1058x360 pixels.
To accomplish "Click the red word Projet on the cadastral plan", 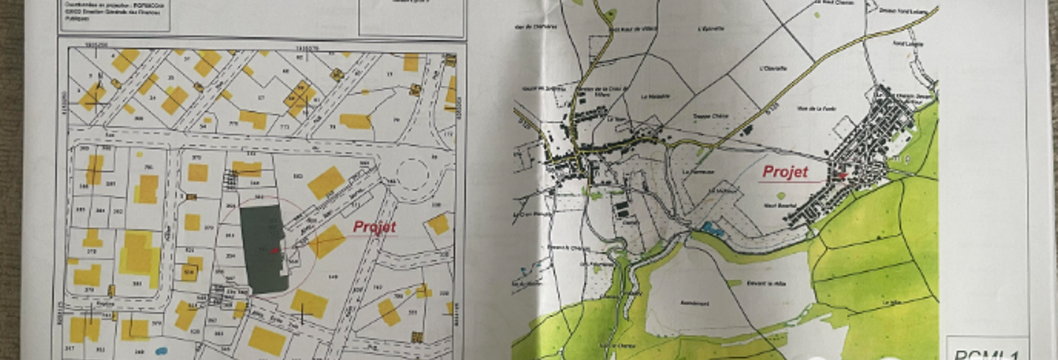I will coord(374,227).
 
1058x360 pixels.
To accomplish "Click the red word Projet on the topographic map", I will coord(785,172).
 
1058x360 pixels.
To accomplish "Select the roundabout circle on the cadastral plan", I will coord(412,174).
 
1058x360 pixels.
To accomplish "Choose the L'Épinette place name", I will coord(709,30).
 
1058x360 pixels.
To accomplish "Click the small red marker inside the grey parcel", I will coord(275,250).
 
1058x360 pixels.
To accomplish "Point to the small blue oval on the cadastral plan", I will coord(161,350).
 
